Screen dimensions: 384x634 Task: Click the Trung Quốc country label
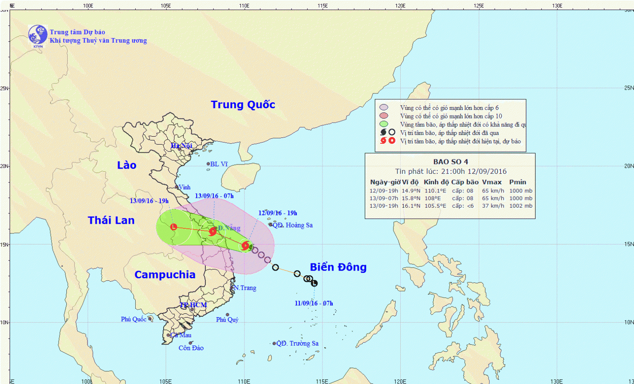(243, 104)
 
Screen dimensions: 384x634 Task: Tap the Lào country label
(127, 165)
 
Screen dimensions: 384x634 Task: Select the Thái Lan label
(111, 220)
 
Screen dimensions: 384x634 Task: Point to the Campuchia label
(165, 274)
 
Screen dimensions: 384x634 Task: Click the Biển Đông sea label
(338, 267)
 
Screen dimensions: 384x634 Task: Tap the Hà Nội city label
(182, 146)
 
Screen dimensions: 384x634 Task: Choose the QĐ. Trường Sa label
(298, 343)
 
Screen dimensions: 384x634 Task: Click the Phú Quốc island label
(134, 319)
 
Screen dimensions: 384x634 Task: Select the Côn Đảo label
(191, 348)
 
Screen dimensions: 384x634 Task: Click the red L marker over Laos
(174, 227)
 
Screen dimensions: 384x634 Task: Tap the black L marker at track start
(314, 283)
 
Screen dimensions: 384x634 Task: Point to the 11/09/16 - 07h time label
(314, 303)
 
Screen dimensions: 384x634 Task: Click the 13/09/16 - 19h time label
(149, 201)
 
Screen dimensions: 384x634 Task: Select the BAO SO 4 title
(451, 162)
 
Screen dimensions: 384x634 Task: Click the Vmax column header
(492, 182)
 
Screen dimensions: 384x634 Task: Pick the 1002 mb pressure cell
(521, 206)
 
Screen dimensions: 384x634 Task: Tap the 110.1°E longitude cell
(435, 191)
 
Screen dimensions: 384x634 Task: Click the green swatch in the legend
(384, 124)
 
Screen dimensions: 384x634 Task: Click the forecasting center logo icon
(38, 35)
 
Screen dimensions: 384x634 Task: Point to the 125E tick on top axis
(479, 6)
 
